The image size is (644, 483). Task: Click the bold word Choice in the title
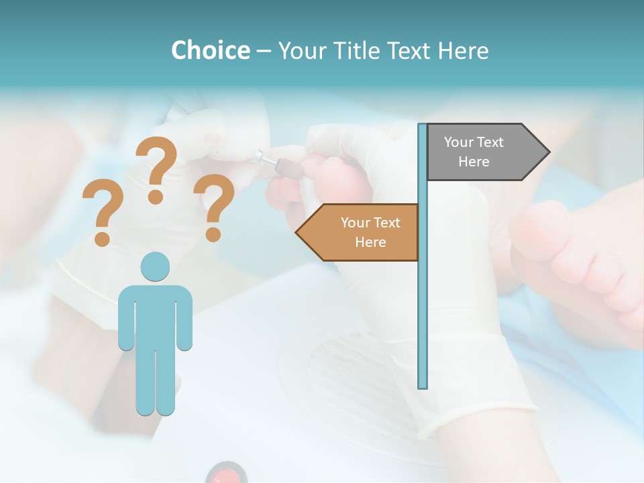(210, 50)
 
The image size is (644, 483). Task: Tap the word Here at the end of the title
(463, 50)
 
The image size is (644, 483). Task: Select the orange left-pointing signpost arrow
(359, 232)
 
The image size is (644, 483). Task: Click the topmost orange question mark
(157, 168)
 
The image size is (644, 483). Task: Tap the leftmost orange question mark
(102, 211)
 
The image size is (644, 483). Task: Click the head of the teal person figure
(155, 266)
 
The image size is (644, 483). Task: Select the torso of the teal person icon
(155, 315)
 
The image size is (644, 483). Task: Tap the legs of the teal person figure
(155, 382)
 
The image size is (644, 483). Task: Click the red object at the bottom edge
(227, 474)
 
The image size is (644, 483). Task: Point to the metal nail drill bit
(266, 160)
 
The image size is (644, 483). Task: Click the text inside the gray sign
(474, 152)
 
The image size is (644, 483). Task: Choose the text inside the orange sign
(370, 232)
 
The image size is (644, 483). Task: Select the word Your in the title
(302, 50)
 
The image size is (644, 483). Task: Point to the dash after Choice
(263, 51)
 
